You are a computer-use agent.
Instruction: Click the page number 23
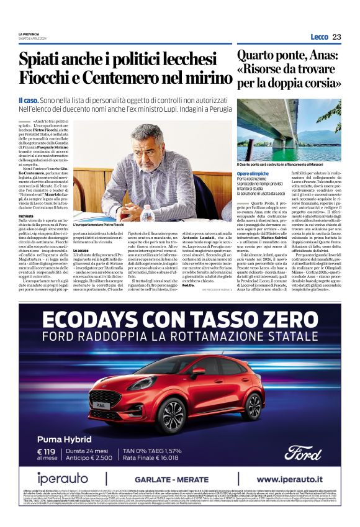coord(336,37)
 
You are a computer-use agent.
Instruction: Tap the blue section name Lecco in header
coord(319,37)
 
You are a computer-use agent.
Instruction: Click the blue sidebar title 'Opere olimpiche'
coord(252,174)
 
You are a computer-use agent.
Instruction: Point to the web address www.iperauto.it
coord(294,479)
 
